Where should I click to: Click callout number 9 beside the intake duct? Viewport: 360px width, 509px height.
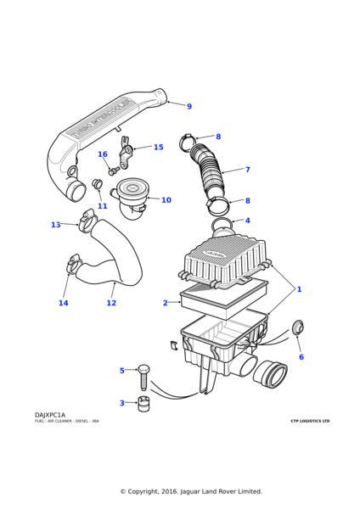tap(188, 107)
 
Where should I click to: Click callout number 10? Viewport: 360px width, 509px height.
tap(166, 200)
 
